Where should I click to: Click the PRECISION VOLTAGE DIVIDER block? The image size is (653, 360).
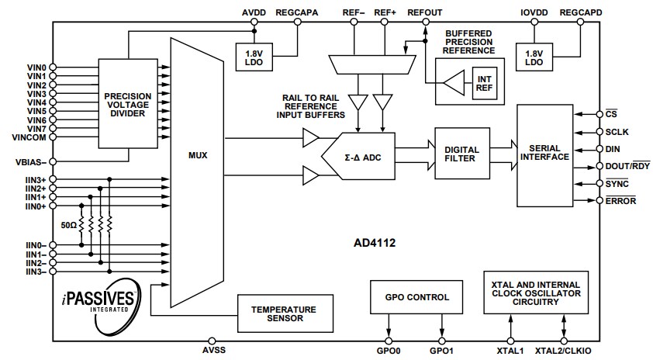coord(129,103)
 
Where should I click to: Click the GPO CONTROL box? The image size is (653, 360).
coord(416,297)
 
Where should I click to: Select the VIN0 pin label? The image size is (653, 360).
coord(36,67)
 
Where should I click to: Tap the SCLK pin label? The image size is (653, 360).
coord(617,131)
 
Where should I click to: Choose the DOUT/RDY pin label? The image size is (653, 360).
coord(623,166)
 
